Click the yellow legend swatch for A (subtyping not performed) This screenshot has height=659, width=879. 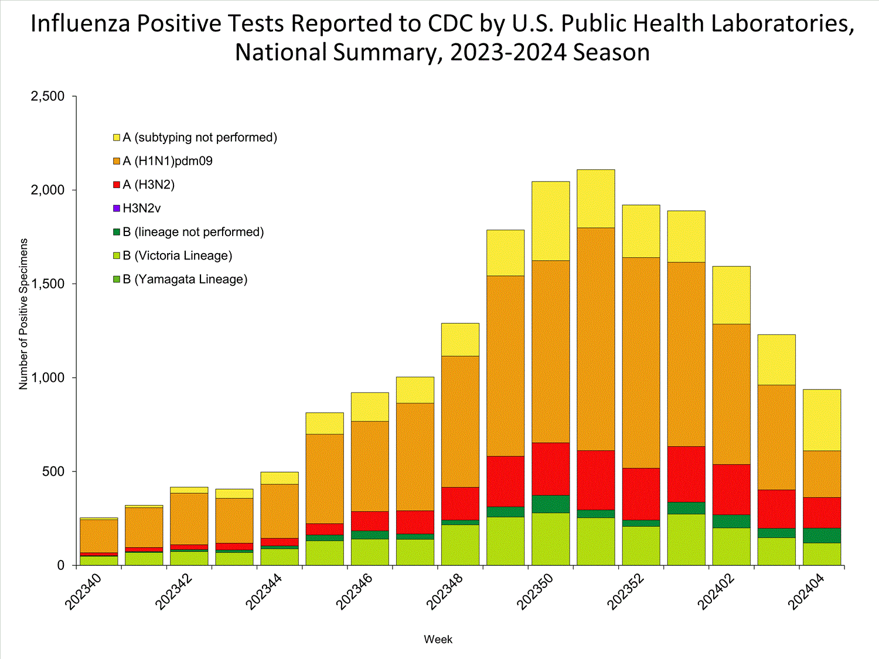pos(117,138)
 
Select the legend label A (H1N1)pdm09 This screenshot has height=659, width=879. pos(167,161)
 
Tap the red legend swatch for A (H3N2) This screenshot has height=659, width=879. pos(117,185)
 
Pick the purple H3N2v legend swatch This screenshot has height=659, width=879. pos(117,209)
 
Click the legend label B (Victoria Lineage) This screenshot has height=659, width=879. pos(177,256)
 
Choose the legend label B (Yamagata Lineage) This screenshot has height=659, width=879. pos(185,279)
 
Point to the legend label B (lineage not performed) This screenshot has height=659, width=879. pos(193,232)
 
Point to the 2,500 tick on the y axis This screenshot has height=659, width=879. pos(47,96)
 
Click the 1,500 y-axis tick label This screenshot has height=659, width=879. pos(47,284)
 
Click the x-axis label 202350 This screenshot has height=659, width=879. pos(536,592)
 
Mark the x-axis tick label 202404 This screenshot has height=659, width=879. pos(806,592)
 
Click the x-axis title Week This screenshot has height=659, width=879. pos(438,640)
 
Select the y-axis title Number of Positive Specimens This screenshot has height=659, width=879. pos(23,314)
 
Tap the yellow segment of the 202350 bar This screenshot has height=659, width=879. pos(550,221)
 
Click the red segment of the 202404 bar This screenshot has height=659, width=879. pos(822,513)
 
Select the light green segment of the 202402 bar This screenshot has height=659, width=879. pos(731,547)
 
